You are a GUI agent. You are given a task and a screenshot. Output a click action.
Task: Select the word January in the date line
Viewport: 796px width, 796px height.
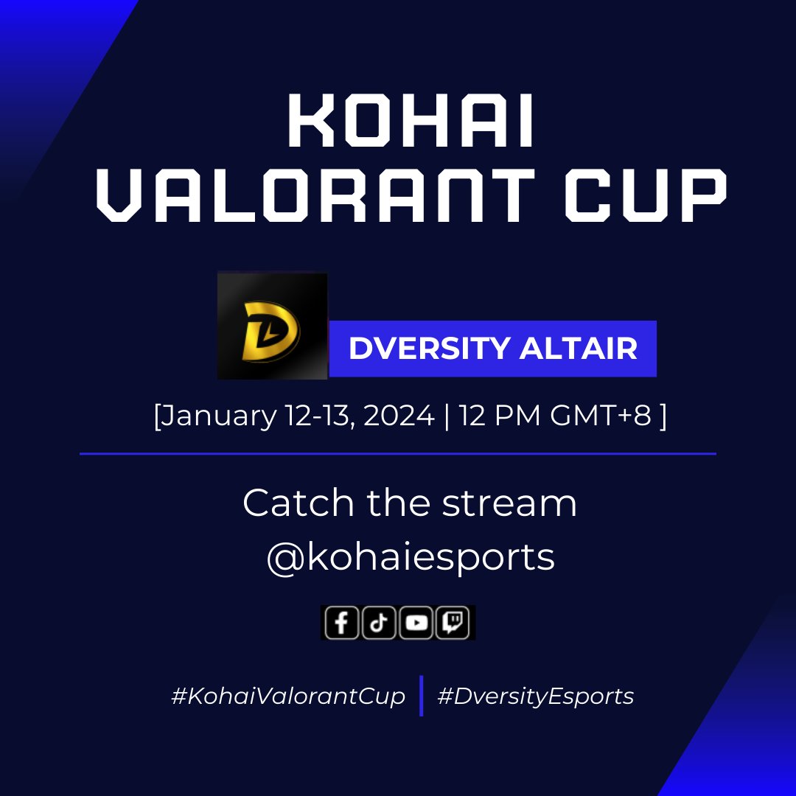(x=220, y=416)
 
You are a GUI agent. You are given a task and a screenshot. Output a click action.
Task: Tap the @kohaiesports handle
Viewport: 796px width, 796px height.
(x=410, y=558)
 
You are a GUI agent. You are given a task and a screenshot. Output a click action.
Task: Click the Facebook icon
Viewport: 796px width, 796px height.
(x=341, y=624)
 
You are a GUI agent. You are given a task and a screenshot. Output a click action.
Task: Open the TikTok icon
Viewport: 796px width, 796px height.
(x=379, y=624)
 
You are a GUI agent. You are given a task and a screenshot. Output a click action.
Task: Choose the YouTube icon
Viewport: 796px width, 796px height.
(x=416, y=624)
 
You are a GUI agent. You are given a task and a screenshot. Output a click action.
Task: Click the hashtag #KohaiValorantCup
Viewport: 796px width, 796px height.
(x=288, y=696)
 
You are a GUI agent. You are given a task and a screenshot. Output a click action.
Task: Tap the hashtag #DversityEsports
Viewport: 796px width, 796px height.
(x=535, y=696)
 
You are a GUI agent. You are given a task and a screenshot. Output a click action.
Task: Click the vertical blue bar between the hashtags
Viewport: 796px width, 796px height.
(x=421, y=695)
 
